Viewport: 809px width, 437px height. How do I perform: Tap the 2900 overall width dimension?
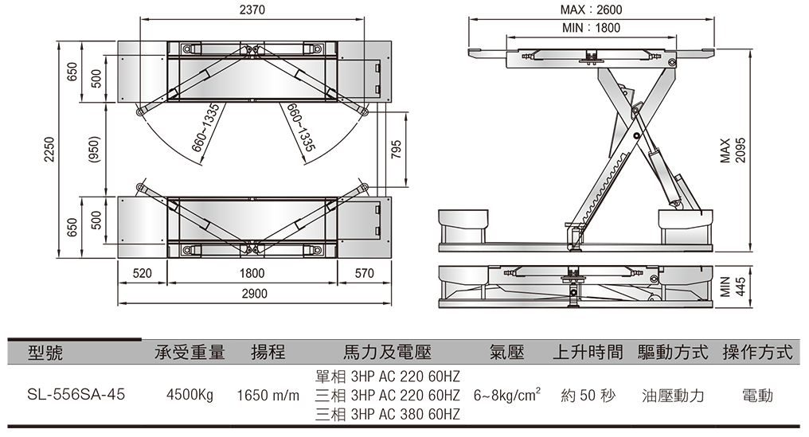tap(254, 294)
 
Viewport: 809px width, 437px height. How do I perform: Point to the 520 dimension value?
tap(142, 273)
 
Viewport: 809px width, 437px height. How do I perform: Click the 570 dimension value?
tap(364, 273)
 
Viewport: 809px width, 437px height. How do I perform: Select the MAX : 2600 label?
tap(592, 10)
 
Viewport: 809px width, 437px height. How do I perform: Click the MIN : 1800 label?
tap(591, 28)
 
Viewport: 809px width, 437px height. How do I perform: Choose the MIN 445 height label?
tap(733, 286)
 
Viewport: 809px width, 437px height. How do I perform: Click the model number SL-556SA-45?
tap(76, 395)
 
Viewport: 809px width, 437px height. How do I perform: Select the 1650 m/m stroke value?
tap(268, 396)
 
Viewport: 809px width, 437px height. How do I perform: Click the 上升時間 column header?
tap(587, 352)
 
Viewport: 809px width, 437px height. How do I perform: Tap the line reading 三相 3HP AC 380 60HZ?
tap(387, 415)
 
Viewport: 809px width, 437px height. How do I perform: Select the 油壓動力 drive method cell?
tap(673, 396)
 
